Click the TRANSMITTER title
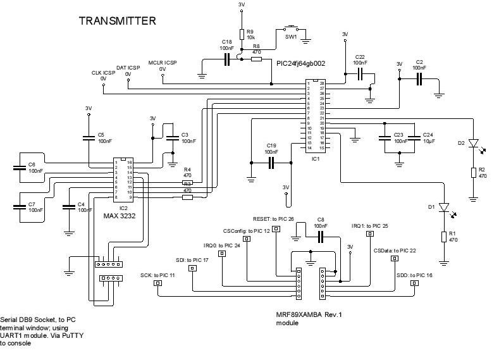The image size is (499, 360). (117, 21)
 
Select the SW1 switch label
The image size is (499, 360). (290, 37)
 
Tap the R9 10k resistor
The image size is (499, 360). (242, 35)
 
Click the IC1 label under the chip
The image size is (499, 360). (315, 158)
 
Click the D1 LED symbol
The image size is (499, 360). (444, 207)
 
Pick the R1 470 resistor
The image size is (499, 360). (444, 237)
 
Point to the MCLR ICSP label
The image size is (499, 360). (162, 63)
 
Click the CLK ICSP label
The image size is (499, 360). (104, 73)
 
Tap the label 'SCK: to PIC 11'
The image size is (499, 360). (157, 275)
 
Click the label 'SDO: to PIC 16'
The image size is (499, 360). (414, 275)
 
